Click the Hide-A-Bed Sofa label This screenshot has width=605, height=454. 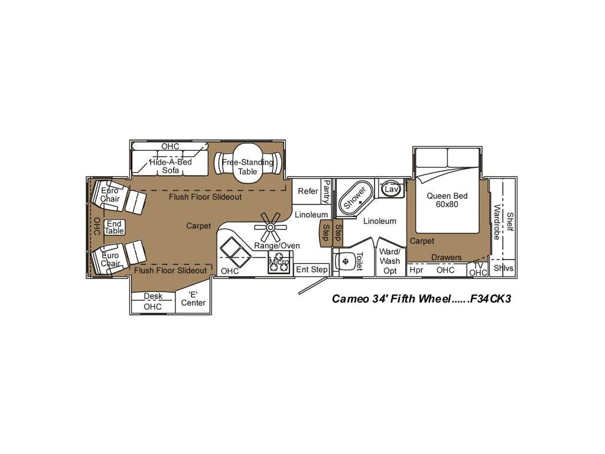point(170,166)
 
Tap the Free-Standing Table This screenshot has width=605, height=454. point(248,166)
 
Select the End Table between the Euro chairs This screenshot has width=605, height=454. point(114,227)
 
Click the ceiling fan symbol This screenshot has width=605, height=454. point(271,226)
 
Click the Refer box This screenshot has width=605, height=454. point(308,191)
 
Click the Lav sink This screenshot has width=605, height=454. point(390,189)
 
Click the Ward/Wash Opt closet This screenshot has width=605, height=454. point(389,261)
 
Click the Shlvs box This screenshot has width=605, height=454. point(503,268)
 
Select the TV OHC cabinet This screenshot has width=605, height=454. point(477,269)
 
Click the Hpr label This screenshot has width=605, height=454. point(417,270)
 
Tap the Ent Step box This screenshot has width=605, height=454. point(311,270)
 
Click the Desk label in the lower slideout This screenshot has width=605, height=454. point(152,297)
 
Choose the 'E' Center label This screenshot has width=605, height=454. point(193,299)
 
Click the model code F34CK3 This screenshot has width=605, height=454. point(488,299)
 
